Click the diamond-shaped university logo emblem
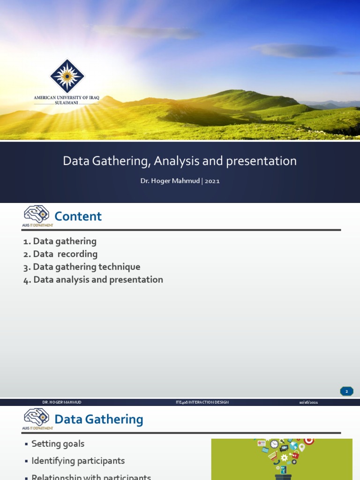67,76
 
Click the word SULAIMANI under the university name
67,102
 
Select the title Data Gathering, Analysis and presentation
180,161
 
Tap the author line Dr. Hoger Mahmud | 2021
180,181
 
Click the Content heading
78,216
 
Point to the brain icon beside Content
37,214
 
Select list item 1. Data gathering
60,241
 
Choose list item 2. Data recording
60,254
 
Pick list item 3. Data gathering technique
82,267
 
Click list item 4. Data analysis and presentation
93,280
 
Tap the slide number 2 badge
346,391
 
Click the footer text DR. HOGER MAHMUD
61,402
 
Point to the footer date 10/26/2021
308,402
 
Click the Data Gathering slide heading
98,419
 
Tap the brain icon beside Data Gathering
37,417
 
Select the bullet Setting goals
58,443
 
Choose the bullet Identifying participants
78,461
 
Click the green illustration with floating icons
281,459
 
